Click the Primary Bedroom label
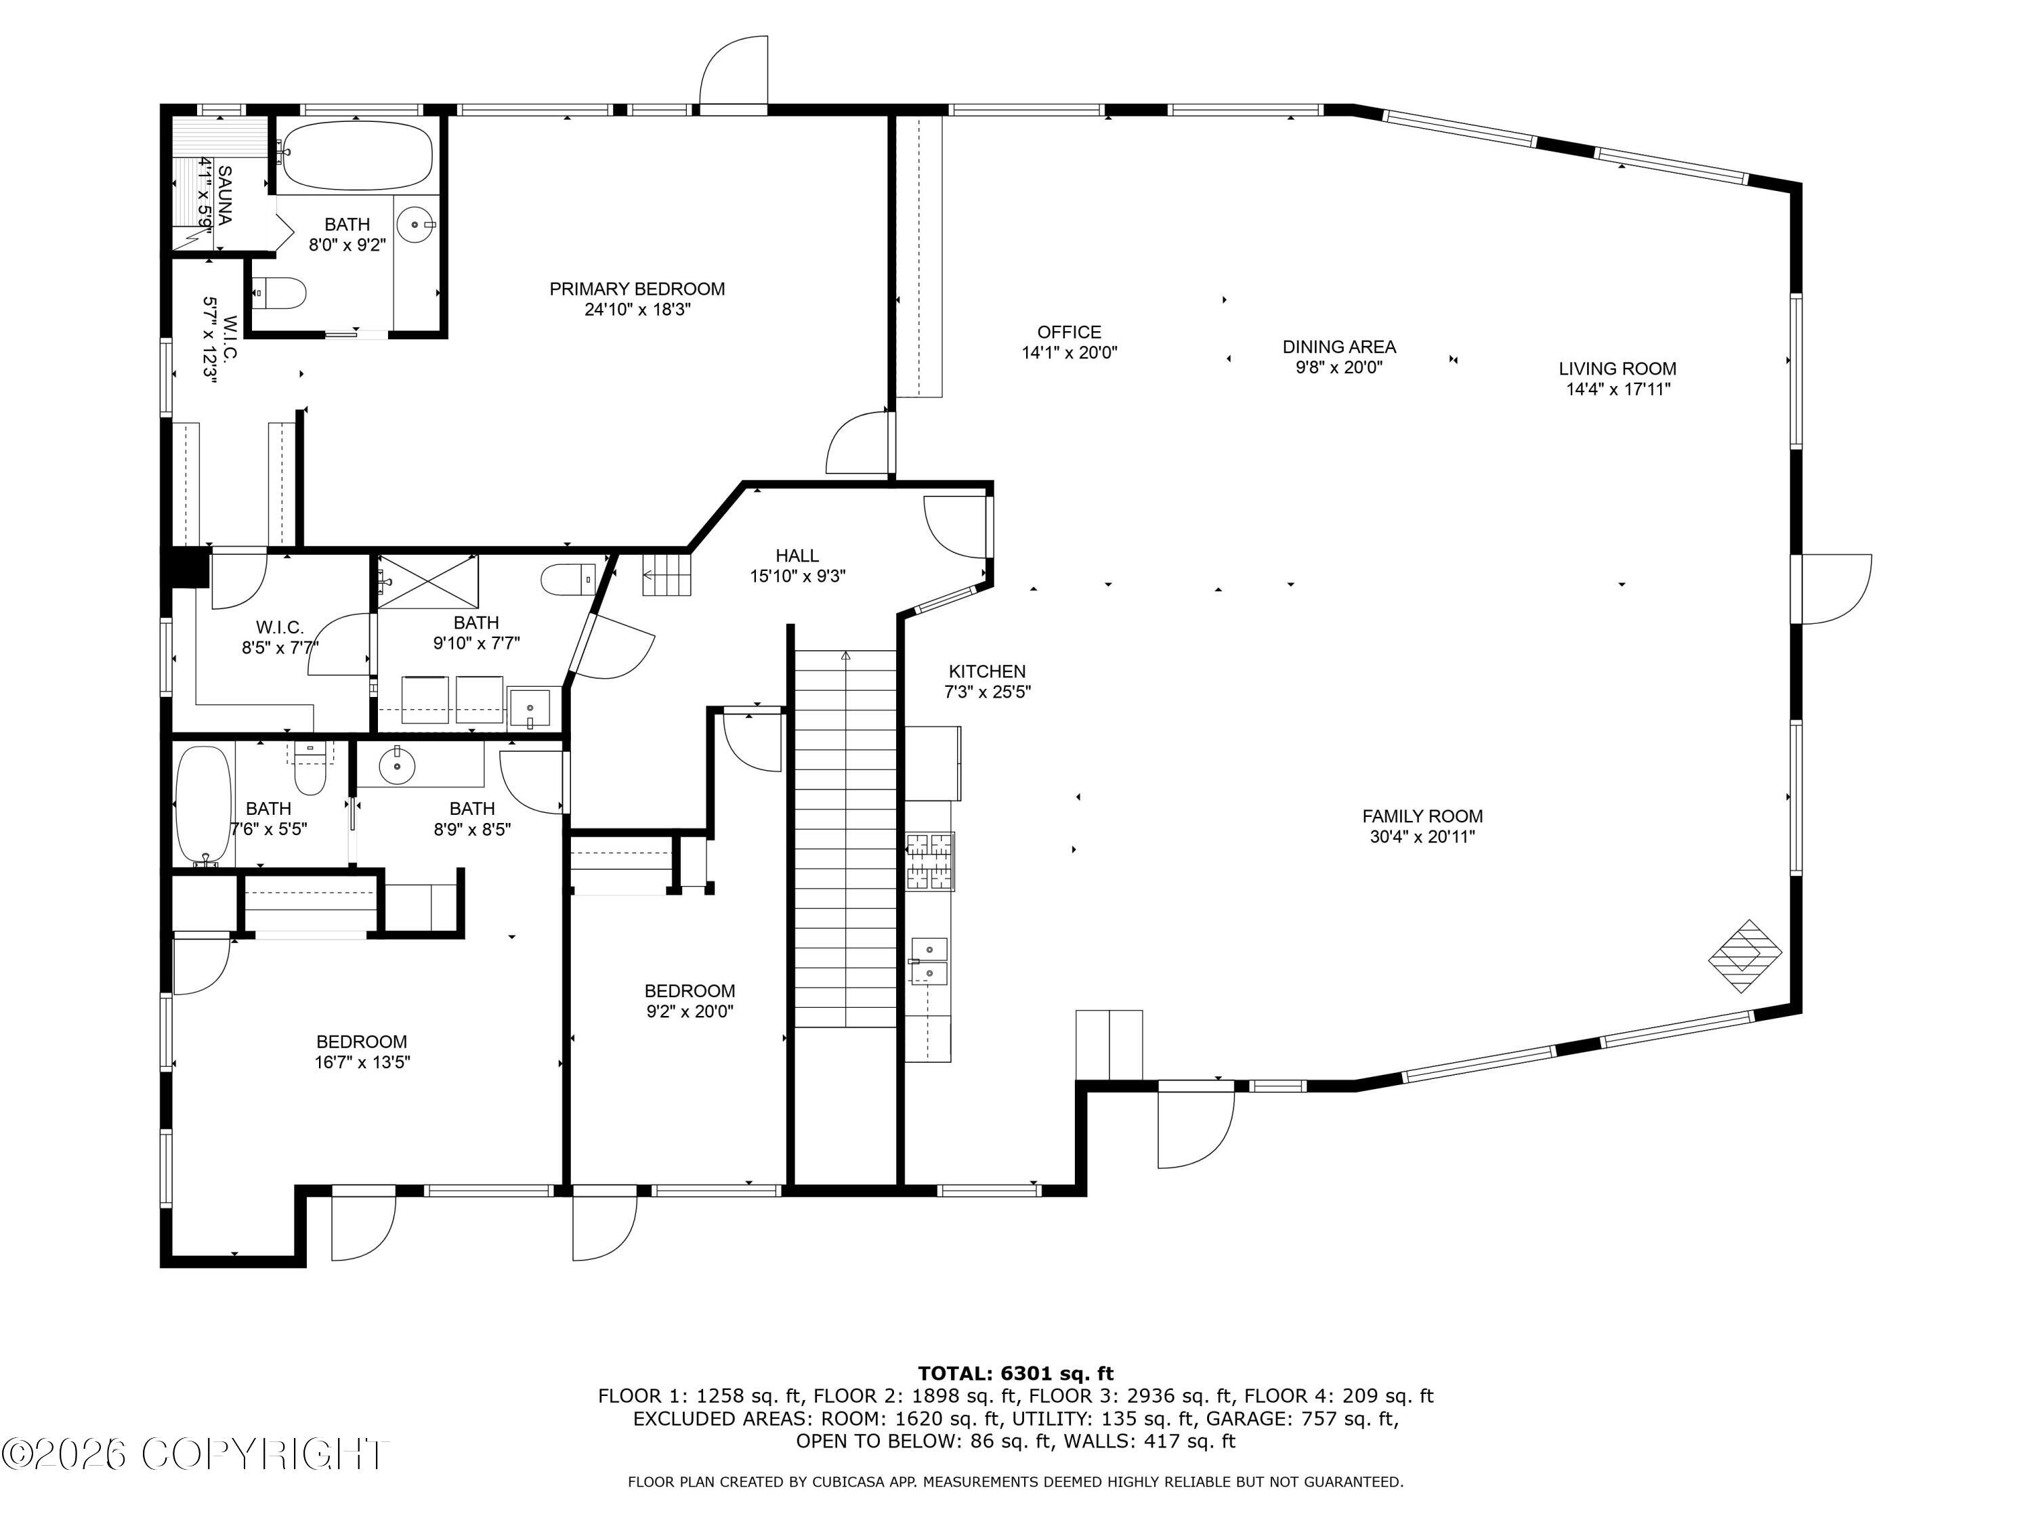(x=637, y=289)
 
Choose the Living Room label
(x=1617, y=369)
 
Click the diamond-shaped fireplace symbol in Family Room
(x=1744, y=956)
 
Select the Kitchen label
(x=988, y=671)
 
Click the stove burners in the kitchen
(x=931, y=862)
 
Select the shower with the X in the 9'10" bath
(x=428, y=583)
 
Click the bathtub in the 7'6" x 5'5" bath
(x=203, y=805)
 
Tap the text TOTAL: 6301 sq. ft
(x=1015, y=1374)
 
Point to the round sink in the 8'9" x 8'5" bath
(x=397, y=765)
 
